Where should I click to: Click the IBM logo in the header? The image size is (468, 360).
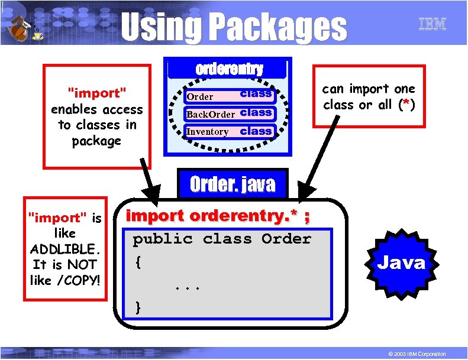tap(433, 24)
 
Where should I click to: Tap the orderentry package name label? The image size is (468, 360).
tap(229, 69)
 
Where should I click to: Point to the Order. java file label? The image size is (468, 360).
tap(233, 184)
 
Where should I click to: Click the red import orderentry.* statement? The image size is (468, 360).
tap(218, 216)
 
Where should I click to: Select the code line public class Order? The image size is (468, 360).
tap(222, 239)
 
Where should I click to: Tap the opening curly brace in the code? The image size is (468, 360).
tap(138, 261)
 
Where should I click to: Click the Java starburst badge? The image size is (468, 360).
tap(401, 262)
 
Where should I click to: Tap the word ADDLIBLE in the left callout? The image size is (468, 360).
tap(64, 249)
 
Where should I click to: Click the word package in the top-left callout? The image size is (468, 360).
tap(96, 141)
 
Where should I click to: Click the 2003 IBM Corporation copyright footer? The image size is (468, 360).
tap(414, 353)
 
